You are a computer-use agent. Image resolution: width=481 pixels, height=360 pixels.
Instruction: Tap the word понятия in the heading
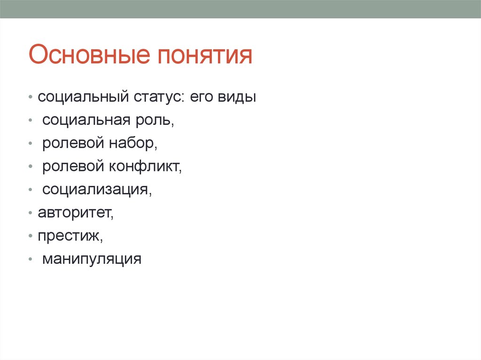(x=206, y=55)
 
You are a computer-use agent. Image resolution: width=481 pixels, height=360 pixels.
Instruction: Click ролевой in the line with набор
(x=72, y=144)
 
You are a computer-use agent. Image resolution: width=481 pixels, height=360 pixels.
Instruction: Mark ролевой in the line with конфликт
(x=72, y=167)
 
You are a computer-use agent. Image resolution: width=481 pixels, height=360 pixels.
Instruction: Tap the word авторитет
(x=76, y=213)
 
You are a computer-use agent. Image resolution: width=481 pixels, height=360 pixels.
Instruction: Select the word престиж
(x=70, y=236)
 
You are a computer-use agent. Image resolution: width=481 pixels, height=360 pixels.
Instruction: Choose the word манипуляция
(x=92, y=259)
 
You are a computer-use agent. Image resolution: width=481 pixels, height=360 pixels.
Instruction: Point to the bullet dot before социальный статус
(x=31, y=99)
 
